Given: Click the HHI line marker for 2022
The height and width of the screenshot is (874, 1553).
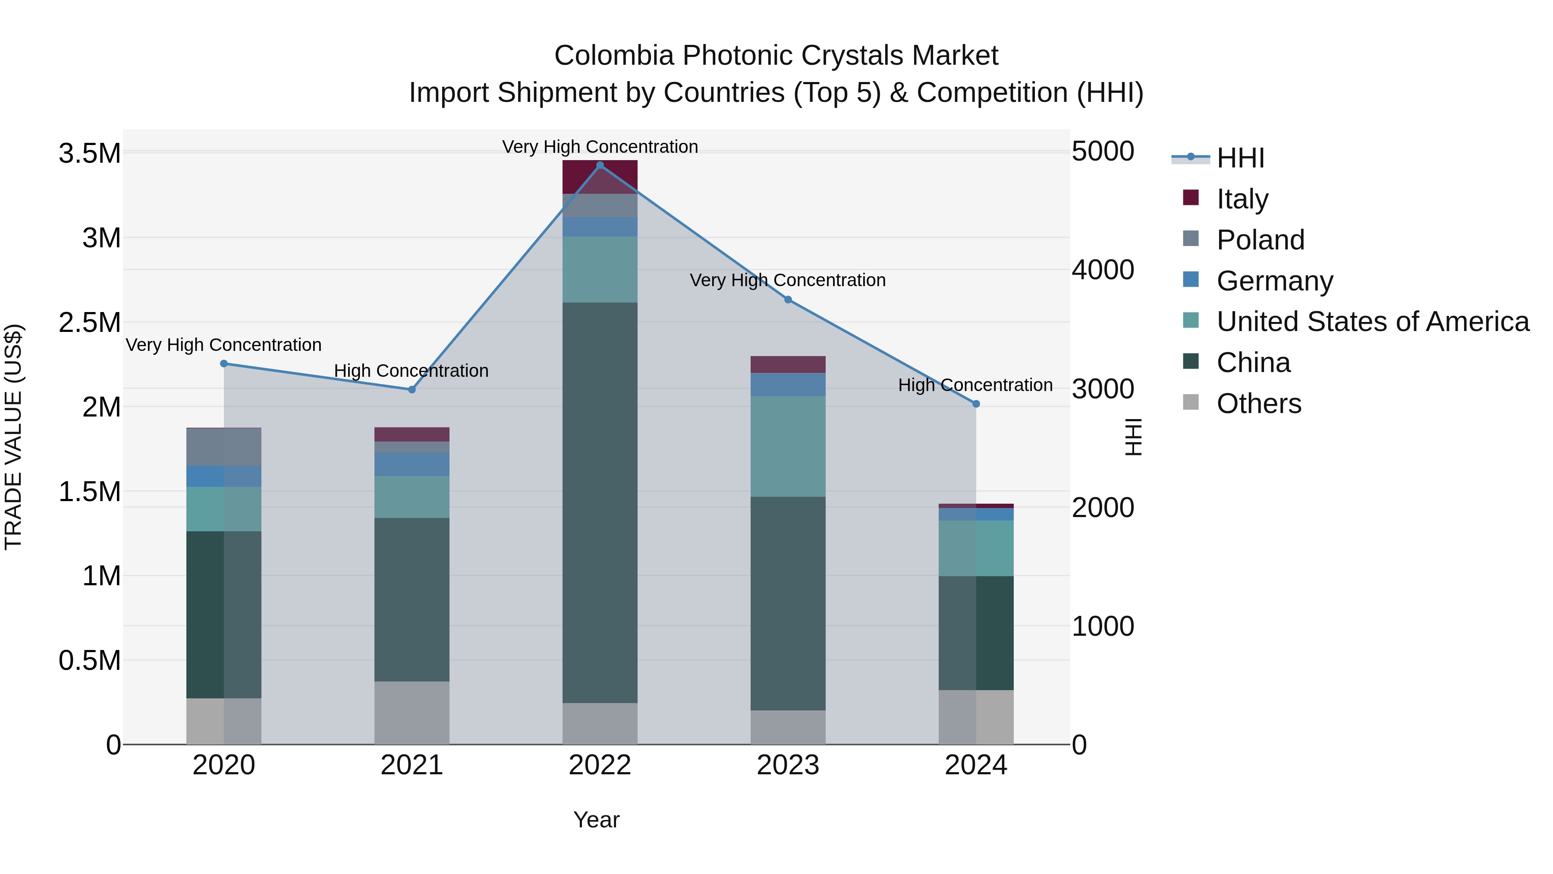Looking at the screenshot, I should click(x=600, y=165).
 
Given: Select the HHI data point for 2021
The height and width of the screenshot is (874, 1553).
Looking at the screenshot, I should click(x=412, y=390).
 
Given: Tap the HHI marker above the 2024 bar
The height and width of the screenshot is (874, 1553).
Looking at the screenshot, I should click(x=976, y=404).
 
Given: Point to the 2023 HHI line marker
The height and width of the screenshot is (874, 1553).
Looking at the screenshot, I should click(x=788, y=300).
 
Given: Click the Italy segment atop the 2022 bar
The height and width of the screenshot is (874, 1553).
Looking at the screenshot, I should click(x=600, y=177).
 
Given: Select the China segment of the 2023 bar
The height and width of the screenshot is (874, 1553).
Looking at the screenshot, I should click(x=788, y=603).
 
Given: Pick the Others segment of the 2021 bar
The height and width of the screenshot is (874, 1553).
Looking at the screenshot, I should click(x=412, y=713).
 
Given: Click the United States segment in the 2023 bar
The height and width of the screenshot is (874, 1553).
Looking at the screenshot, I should click(x=788, y=446).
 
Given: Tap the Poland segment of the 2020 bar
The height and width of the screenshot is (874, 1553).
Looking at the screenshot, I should click(x=223, y=447).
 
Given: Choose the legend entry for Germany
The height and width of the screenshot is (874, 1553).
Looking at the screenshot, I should click(x=1274, y=281).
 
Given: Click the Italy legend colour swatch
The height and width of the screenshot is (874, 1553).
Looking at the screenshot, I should click(x=1191, y=198).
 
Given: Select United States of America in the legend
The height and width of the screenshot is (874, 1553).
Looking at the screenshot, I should click(x=1372, y=322).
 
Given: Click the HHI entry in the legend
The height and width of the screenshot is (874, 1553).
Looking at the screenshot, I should click(x=1240, y=158).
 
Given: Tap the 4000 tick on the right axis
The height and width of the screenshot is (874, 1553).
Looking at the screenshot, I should click(x=1103, y=270).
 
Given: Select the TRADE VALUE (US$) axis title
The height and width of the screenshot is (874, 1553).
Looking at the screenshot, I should click(x=13, y=437).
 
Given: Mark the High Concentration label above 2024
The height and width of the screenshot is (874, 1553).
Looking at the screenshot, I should click(x=975, y=385).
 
